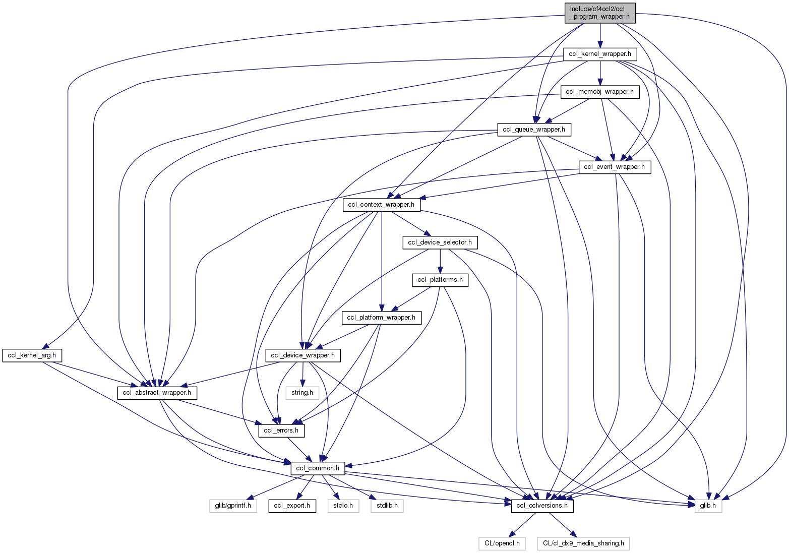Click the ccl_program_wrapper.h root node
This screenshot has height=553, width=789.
[x=600, y=13]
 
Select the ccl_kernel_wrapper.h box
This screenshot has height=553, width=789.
[x=600, y=53]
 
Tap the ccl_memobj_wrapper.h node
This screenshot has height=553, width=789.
[x=600, y=92]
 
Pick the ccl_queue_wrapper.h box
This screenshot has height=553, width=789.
[x=534, y=130]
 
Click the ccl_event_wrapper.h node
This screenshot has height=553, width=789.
[x=615, y=167]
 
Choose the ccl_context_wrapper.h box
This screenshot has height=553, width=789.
[x=382, y=205]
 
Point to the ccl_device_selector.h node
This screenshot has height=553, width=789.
[x=440, y=242]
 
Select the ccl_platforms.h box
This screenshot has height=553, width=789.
[x=440, y=280]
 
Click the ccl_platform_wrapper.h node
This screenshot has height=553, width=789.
[x=382, y=318]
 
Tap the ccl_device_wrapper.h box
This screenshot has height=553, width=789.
[x=302, y=355]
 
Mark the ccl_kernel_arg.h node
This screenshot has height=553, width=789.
[x=32, y=355]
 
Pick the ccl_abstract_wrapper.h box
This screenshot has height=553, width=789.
[x=157, y=393]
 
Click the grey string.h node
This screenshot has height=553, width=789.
[x=302, y=393]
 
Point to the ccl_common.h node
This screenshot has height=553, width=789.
[x=318, y=468]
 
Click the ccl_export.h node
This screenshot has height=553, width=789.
[x=292, y=506]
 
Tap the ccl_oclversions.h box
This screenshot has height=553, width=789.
[x=542, y=506]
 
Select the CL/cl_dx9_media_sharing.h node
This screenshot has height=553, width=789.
[x=583, y=543]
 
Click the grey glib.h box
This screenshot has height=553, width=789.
[x=708, y=506]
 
